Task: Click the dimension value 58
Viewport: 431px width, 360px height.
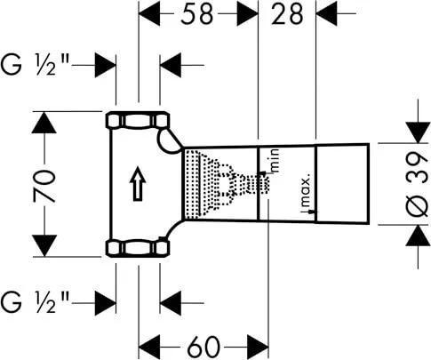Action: tap(197, 14)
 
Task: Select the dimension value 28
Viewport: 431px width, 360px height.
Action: tap(287, 14)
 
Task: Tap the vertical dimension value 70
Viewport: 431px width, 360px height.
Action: tap(44, 186)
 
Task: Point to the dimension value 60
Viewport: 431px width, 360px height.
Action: tap(204, 347)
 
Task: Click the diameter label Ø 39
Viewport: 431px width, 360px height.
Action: tap(418, 184)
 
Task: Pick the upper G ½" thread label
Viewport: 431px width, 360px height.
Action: tap(35, 65)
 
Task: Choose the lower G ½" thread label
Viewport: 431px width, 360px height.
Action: tap(35, 302)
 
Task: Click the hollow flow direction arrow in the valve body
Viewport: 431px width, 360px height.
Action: tap(138, 184)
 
